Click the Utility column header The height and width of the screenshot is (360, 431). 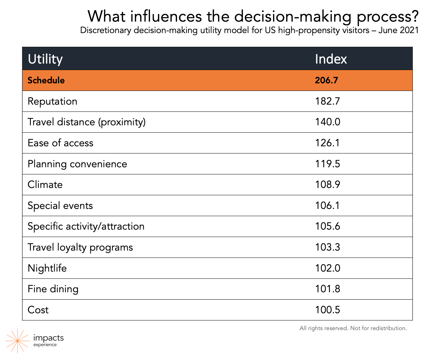coord(45,59)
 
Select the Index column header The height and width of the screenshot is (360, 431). coord(331,59)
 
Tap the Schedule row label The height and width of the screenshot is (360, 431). coord(46,80)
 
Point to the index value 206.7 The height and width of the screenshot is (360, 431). coord(326,80)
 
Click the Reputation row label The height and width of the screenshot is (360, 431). coord(52,101)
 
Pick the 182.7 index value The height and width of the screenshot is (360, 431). coord(327,101)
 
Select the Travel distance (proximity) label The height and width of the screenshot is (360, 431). coord(87,122)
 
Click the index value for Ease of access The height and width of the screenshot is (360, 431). coord(327,143)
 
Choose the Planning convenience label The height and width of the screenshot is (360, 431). coord(78,164)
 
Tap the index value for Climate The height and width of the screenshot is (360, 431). coord(328,184)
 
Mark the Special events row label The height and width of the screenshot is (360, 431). coord(60,206)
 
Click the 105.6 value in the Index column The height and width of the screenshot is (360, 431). coord(328,226)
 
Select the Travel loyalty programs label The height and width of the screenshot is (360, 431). coord(80,247)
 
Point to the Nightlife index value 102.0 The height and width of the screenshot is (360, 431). coord(328,268)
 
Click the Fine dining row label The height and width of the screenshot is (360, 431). coord(53,289)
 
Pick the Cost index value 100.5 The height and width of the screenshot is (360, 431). coord(328,310)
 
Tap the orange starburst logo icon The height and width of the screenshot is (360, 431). coord(17,341)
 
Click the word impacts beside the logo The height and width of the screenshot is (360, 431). coord(49,338)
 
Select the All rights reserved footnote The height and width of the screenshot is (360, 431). coord(353,328)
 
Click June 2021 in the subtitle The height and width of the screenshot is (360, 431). coord(398,30)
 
